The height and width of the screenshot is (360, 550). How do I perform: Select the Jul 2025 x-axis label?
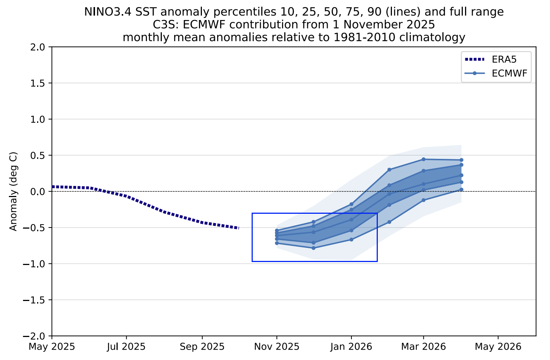pyautogui.click(x=126, y=347)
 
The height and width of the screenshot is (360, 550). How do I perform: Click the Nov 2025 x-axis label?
pyautogui.click(x=276, y=347)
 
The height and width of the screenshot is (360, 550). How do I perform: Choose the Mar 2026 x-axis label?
pyautogui.click(x=423, y=347)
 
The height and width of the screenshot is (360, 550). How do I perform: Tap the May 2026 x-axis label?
pyautogui.click(x=498, y=347)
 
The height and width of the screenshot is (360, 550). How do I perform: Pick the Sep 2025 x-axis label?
pyautogui.click(x=202, y=347)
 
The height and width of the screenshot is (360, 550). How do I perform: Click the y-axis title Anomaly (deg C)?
pyautogui.click(x=14, y=192)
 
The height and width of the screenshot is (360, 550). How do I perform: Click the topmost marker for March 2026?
pyautogui.click(x=423, y=159)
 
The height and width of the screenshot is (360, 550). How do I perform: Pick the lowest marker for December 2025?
pyautogui.click(x=313, y=248)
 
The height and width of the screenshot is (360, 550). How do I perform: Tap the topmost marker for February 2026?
pyautogui.click(x=389, y=170)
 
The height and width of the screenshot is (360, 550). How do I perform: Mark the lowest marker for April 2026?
pyautogui.click(x=461, y=189)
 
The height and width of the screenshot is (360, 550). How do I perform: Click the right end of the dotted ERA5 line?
pyautogui.click(x=238, y=228)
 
